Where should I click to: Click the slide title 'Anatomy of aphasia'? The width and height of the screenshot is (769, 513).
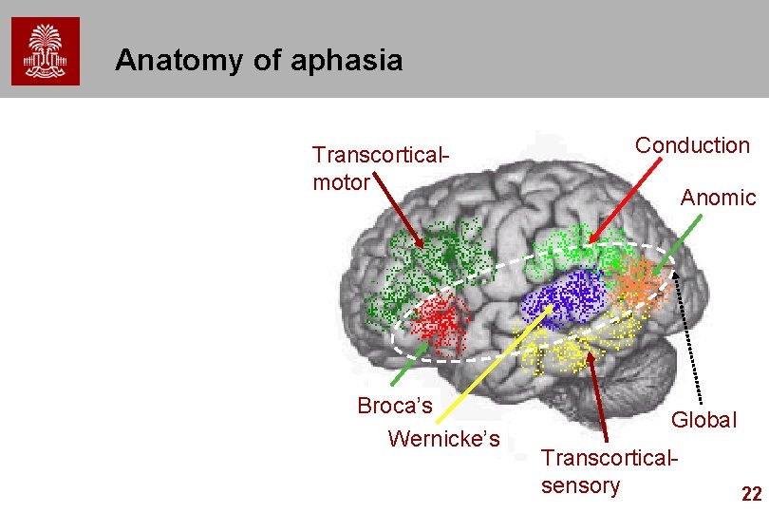click(x=258, y=62)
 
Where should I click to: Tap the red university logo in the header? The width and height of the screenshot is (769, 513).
click(x=46, y=51)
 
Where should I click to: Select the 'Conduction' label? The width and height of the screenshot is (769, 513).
click(x=692, y=145)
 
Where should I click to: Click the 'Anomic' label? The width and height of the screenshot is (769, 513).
click(x=718, y=198)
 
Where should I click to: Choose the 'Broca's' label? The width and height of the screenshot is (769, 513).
click(x=395, y=407)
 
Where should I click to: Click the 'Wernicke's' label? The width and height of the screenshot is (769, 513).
click(x=443, y=439)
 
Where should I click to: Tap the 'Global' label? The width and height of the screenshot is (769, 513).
click(x=703, y=420)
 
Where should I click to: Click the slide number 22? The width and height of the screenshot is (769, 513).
click(x=750, y=493)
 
